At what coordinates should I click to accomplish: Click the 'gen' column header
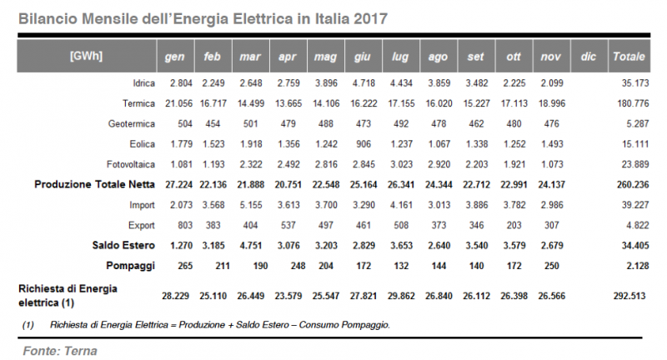[x=174, y=57]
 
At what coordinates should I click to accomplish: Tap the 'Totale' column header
[x=628, y=57]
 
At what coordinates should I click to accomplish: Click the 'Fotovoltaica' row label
[x=127, y=162]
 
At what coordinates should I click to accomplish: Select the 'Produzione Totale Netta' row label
[x=92, y=182]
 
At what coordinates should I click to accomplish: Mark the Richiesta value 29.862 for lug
[x=399, y=295]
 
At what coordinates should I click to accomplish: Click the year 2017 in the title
[x=368, y=16]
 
